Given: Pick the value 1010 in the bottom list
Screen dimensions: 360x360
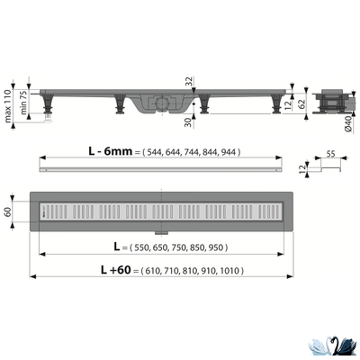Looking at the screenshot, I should [229, 269].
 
